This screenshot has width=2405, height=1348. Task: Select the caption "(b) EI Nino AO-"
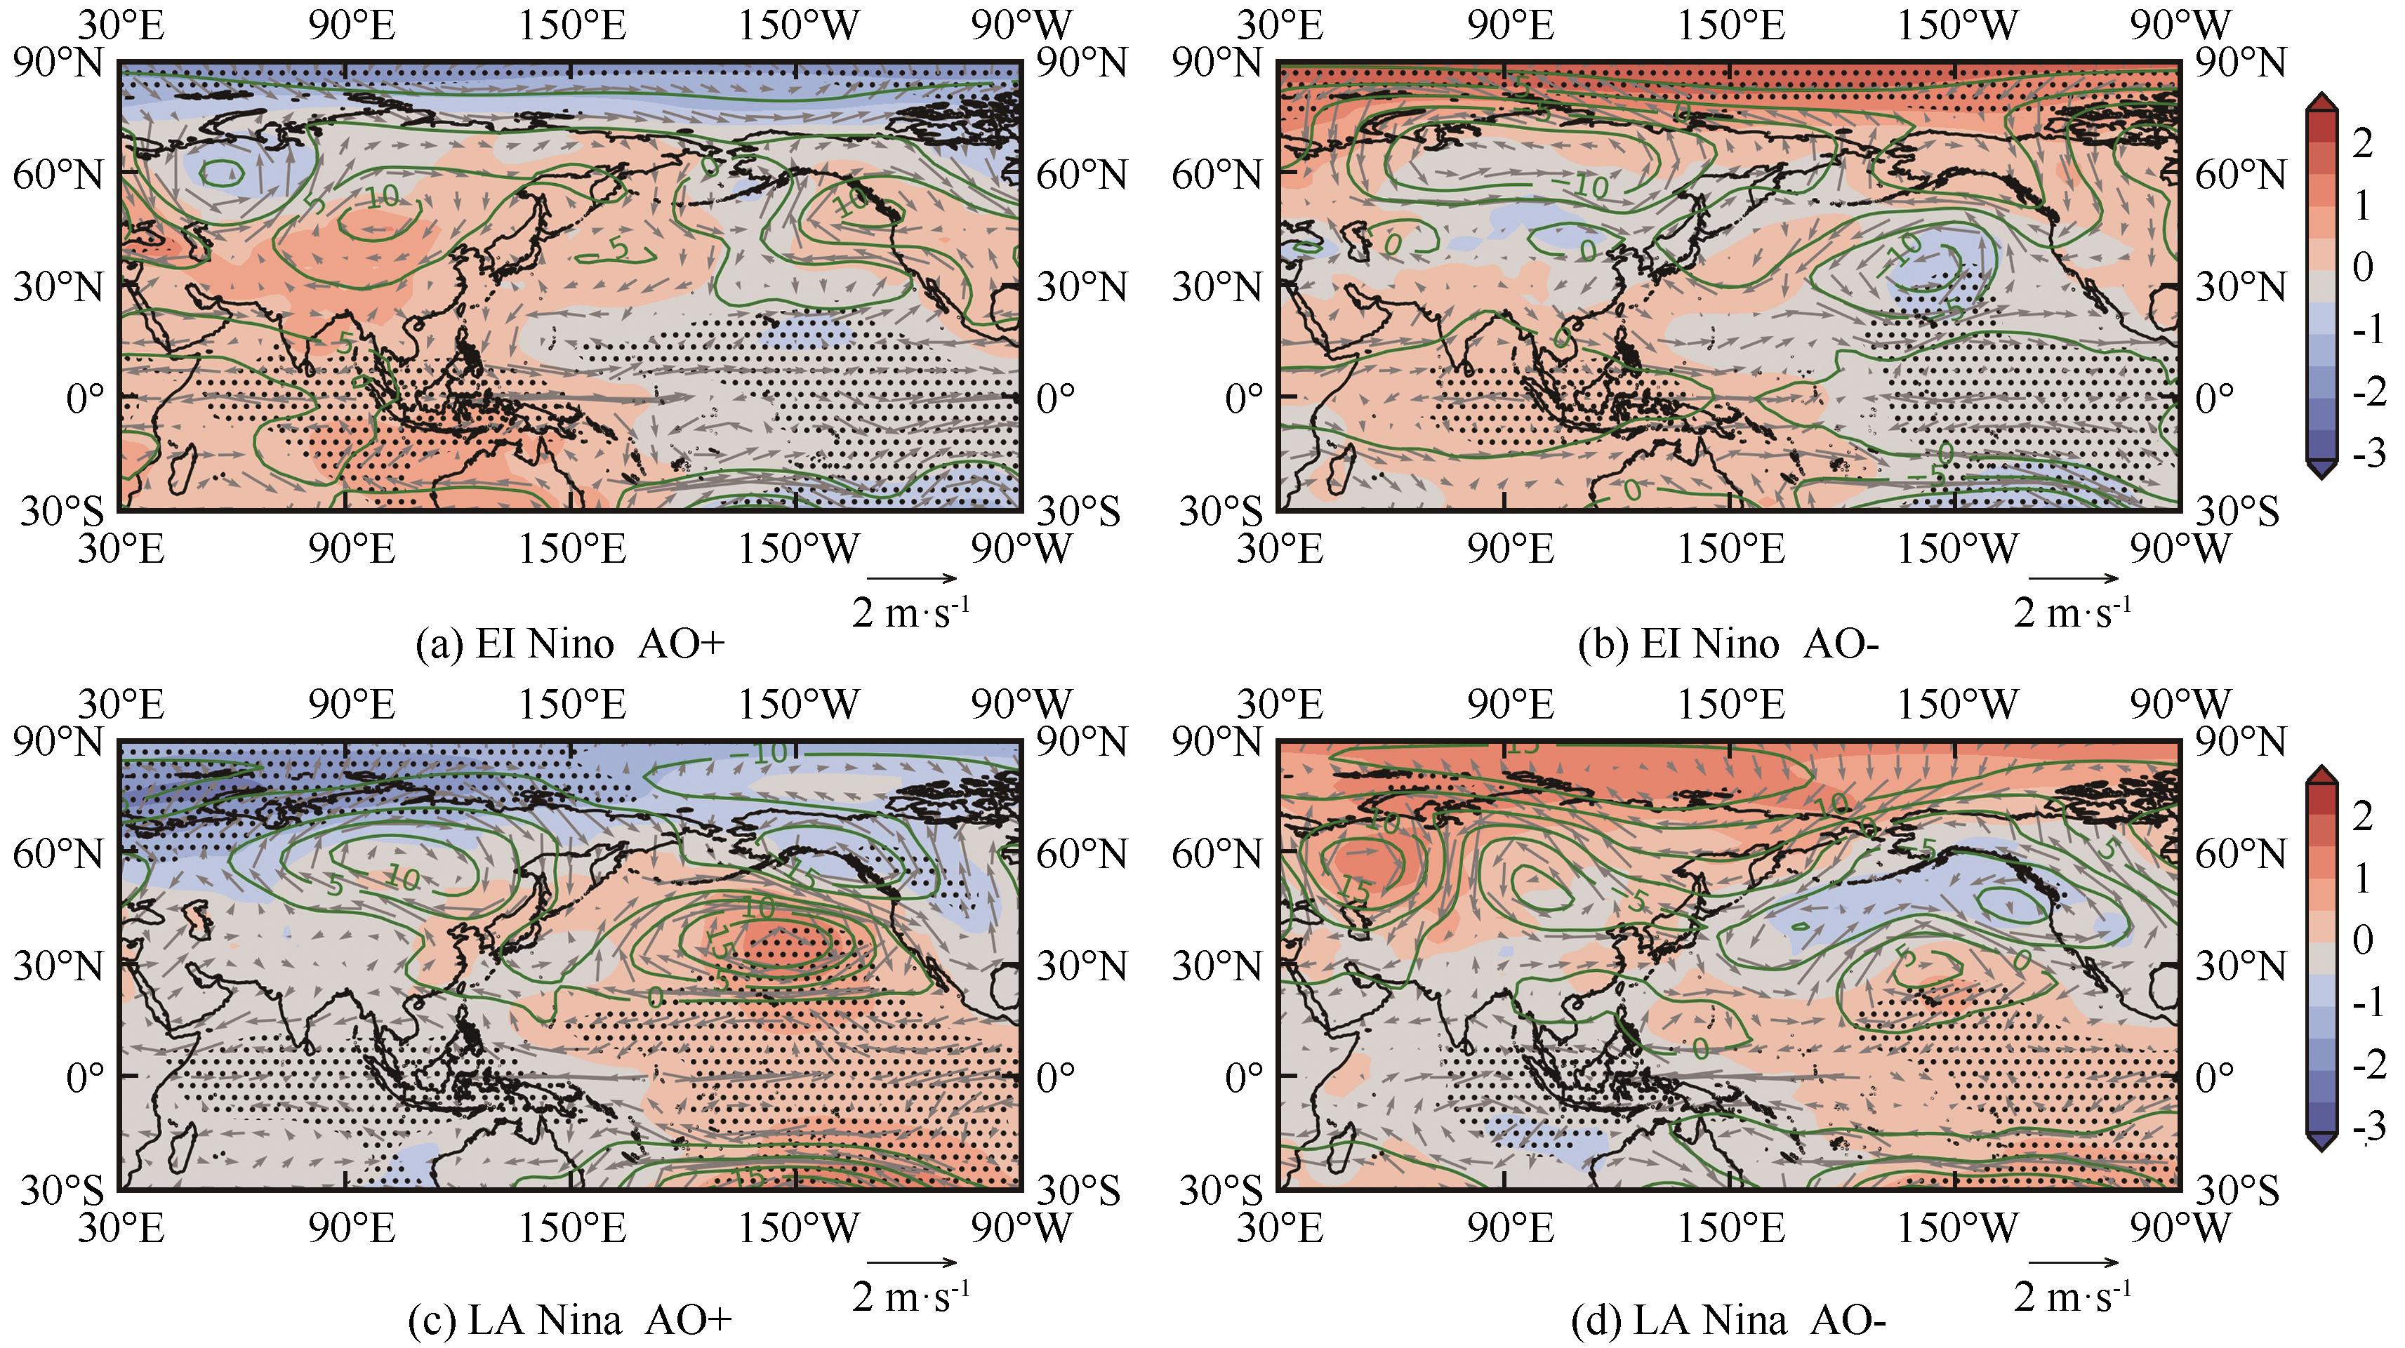point(1727,645)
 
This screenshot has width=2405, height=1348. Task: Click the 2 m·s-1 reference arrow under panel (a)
point(912,579)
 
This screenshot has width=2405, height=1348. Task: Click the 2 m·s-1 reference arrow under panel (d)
point(2073,1262)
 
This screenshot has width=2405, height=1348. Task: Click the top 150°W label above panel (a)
point(798,25)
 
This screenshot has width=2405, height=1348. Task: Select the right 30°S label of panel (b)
point(2237,512)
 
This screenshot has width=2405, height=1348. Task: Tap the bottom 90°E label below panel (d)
point(1511,1229)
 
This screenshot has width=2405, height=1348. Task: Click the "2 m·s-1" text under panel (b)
point(2073,613)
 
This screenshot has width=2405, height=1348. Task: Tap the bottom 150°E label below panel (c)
point(571,1229)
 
